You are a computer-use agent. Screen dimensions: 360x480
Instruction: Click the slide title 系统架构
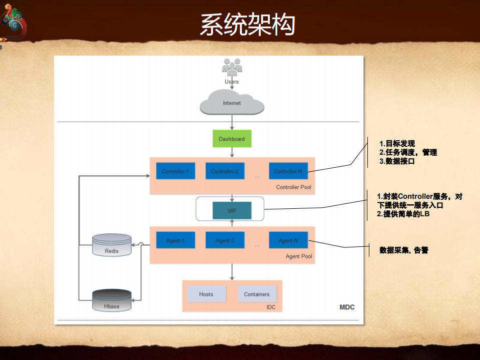(x=247, y=25)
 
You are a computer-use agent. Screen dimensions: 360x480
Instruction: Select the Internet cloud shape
(x=232, y=102)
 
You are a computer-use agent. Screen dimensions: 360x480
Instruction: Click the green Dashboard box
(x=232, y=139)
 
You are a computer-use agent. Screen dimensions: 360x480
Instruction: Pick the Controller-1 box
(x=175, y=171)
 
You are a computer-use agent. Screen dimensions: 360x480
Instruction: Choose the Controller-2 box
(x=224, y=171)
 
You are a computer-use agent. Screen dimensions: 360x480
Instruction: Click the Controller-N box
(x=288, y=171)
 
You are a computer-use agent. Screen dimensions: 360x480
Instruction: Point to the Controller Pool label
(x=293, y=187)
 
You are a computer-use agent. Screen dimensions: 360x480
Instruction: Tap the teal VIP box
(x=232, y=211)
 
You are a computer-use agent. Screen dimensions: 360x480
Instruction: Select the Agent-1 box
(x=175, y=240)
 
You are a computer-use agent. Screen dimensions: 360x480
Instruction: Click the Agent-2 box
(x=224, y=240)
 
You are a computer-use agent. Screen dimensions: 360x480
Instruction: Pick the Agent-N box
(x=288, y=240)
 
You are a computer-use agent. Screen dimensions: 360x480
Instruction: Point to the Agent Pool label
(x=299, y=256)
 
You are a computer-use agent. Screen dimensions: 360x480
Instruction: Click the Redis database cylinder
(x=112, y=245)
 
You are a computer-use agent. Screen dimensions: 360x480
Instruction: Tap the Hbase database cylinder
(x=112, y=301)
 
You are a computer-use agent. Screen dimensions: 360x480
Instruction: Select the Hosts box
(x=206, y=294)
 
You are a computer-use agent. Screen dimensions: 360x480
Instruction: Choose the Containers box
(x=257, y=294)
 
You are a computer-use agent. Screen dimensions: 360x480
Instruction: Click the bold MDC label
(x=347, y=307)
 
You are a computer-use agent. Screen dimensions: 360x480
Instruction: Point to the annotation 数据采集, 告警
(x=403, y=249)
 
